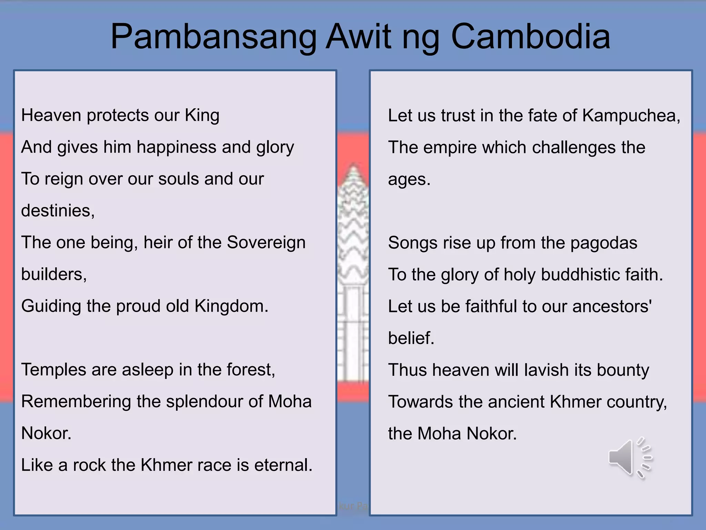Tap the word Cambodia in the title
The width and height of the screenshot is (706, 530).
(x=531, y=37)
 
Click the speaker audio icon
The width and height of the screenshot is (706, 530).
(x=629, y=458)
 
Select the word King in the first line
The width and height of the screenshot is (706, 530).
(x=202, y=115)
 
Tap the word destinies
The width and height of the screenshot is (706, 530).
(x=58, y=210)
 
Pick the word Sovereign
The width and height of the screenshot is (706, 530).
(x=266, y=242)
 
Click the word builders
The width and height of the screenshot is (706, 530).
(x=54, y=274)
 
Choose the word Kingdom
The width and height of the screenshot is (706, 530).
(x=231, y=306)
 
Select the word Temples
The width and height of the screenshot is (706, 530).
(x=53, y=370)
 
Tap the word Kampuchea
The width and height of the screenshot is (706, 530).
(x=631, y=116)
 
